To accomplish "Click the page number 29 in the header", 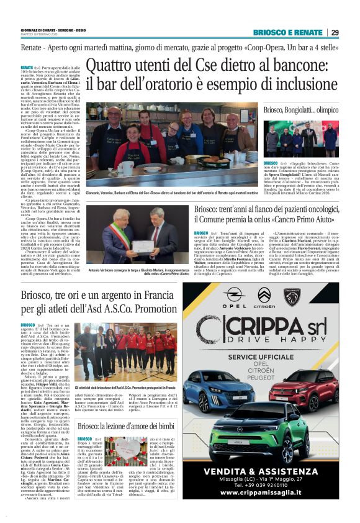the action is (335, 33).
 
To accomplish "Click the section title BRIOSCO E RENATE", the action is (287, 33).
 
